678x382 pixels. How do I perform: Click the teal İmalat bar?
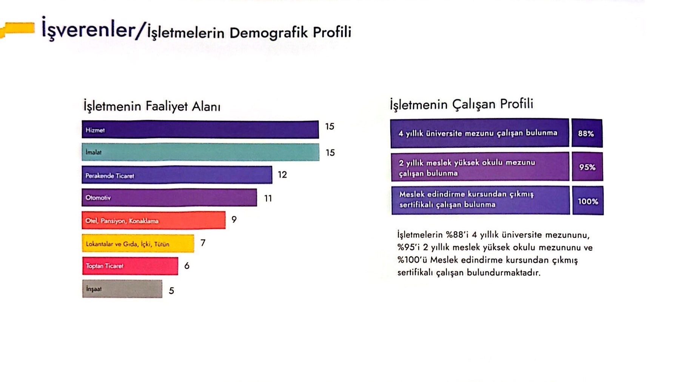coord(200,152)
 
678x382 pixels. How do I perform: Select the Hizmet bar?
coord(200,129)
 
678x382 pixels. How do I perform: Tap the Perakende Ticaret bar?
coord(177,175)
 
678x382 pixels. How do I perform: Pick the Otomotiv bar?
coord(169,197)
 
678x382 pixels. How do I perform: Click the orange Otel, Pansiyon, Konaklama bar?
coord(153,220)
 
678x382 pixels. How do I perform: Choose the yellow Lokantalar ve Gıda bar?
coord(138,243)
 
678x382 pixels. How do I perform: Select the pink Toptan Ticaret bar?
coord(130,266)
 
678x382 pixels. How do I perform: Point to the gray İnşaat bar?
coord(122,289)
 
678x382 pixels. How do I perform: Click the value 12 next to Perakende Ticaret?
coord(282,175)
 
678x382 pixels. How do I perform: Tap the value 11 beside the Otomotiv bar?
coord(268,199)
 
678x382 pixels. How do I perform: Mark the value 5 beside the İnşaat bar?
coord(171,291)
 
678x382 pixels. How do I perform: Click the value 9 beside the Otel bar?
coord(234,220)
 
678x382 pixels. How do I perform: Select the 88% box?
coord(587,133)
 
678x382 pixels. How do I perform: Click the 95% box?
coord(587,167)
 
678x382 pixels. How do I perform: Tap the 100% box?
coord(588,201)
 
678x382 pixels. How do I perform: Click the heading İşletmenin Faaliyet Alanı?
coord(152,106)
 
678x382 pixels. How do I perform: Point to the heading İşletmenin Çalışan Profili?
coord(461,104)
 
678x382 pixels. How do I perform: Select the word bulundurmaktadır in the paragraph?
coord(504,273)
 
